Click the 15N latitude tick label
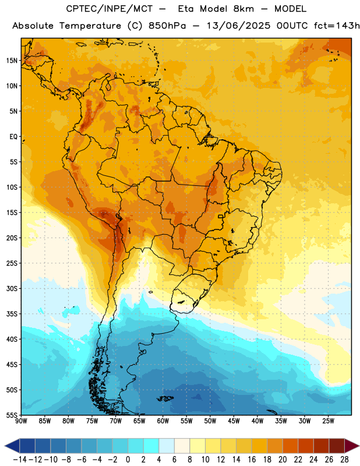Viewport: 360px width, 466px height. point(12,61)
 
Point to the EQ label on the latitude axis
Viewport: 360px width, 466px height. point(13,137)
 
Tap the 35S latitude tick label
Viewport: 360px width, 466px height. point(12,314)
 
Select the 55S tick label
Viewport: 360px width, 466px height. point(12,415)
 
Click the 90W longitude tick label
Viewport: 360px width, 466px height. point(21,421)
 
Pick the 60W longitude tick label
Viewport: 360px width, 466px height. point(163,421)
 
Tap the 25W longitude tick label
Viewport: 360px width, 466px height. point(328,421)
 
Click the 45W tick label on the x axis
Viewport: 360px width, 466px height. point(234,421)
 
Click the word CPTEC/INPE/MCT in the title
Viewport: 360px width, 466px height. point(110,9)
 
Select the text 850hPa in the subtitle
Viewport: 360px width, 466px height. point(167,26)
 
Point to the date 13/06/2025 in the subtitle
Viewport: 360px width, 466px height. point(239,26)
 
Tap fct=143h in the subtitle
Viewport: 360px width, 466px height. point(337,26)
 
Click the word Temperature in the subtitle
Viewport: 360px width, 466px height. point(90,26)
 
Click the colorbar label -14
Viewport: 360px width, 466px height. point(20,460)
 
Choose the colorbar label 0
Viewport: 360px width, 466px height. point(128,460)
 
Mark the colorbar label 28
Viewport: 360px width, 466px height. point(344,460)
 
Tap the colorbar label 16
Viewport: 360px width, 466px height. point(252,460)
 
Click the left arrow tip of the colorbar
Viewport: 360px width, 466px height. point(5,446)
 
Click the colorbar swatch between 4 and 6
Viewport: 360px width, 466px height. point(167,446)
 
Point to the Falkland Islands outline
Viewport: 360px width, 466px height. point(165,398)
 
